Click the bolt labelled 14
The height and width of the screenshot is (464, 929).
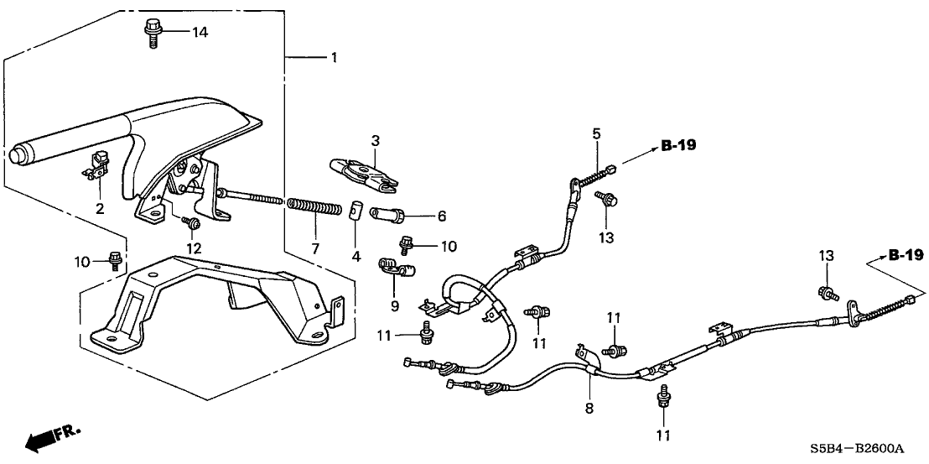pyautogui.click(x=153, y=33)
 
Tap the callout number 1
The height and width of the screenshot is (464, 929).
pyautogui.click(x=334, y=58)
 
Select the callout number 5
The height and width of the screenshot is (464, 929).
pyautogui.click(x=596, y=133)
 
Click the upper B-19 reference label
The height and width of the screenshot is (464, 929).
pyautogui.click(x=678, y=145)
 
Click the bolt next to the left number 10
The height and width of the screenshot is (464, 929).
pyautogui.click(x=117, y=259)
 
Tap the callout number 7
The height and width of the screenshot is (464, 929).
pyautogui.click(x=315, y=249)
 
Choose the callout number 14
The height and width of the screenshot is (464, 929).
pyautogui.click(x=199, y=32)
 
